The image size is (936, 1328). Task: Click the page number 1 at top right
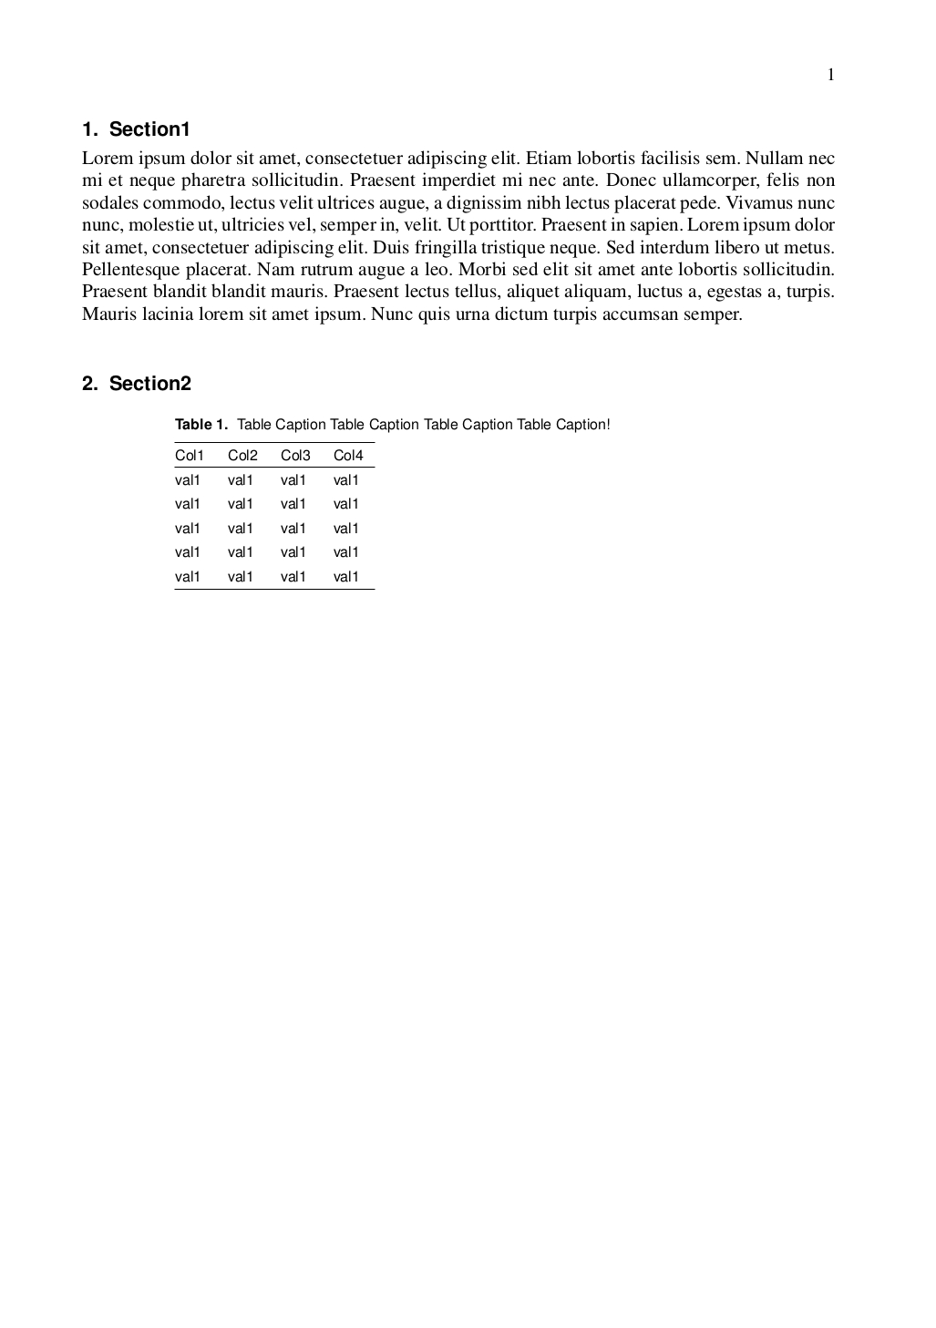coord(830,75)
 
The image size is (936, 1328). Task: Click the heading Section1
coord(149,129)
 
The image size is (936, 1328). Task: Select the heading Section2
coord(149,384)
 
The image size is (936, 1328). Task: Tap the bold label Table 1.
coord(201,425)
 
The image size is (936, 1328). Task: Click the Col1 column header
coord(190,456)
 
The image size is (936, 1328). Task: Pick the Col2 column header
coord(242,456)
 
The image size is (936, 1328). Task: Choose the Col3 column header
coord(295,456)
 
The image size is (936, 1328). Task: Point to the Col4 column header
coord(348,456)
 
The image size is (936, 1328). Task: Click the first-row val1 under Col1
coord(187,480)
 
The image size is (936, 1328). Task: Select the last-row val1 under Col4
coord(346,577)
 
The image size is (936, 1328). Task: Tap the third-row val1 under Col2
coord(241,529)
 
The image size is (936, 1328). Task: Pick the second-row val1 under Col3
coord(293,504)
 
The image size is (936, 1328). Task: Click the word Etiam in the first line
coord(548,158)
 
